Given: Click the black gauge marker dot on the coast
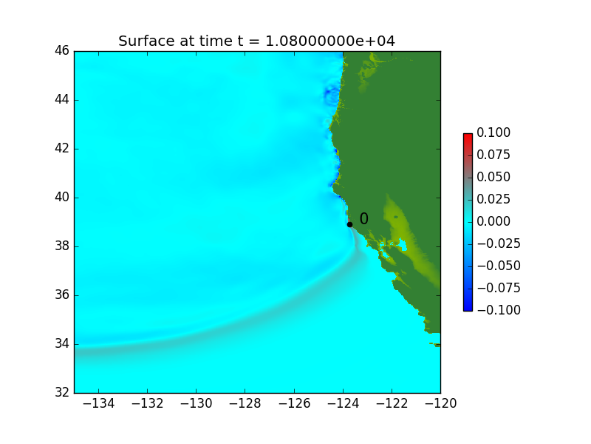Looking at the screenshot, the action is pos(349,225).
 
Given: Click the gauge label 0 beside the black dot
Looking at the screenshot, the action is pos(363,218).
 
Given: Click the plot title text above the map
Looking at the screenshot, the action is pos(256,41).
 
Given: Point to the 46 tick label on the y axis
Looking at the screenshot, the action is pos(62,50).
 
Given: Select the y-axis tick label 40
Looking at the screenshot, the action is pos(62,197).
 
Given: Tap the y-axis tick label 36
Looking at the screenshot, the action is pos(62,295).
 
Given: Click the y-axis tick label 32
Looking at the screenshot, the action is pos(62,393).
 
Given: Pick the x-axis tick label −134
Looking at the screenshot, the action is pos(99,403).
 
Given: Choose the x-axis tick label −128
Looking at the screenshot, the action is pos(245,403).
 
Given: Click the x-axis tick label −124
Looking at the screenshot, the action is pos(343,403).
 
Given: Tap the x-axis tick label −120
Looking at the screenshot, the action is pos(440,403).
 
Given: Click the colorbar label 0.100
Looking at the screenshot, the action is pos(493,132).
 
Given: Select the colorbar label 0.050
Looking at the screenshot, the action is pos(493,177).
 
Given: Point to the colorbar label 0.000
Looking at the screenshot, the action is pos(493,221).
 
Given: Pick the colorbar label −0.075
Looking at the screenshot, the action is pos(499,288).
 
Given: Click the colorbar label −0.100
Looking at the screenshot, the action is pos(499,310).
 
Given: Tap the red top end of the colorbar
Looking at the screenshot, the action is pos(468,135).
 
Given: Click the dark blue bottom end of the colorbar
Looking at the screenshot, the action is pos(468,309).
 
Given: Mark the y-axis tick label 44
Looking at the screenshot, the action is pos(62,99).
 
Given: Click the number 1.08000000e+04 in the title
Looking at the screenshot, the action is pos(330,41).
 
